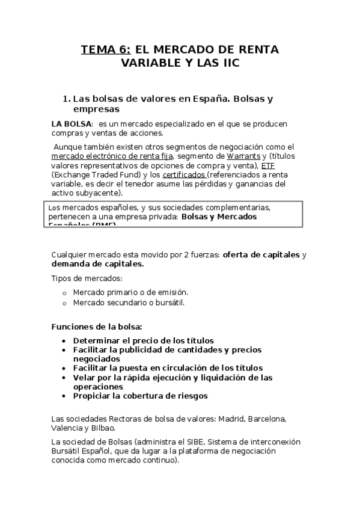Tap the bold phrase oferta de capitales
tap(261, 254)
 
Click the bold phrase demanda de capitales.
tap(98, 263)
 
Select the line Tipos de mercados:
tap(87, 278)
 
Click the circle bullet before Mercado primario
tap(64, 293)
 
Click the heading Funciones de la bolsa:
tap(97, 327)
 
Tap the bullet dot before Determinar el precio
tap(64, 340)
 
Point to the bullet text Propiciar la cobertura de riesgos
tap(140, 396)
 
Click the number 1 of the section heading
tap(66, 99)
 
